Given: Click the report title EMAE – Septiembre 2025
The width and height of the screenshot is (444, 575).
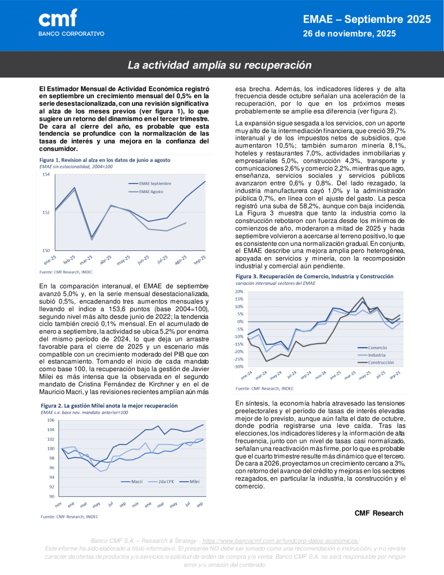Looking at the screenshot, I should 367,20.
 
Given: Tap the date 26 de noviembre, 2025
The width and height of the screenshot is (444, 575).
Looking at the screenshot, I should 349,34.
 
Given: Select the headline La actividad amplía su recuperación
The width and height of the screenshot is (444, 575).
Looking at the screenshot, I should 219,65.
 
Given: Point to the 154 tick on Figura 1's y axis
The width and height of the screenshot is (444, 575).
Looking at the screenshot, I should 45,175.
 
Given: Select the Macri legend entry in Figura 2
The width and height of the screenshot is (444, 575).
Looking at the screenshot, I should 137,481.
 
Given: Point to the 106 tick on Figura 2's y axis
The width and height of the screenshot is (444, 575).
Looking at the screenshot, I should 51,420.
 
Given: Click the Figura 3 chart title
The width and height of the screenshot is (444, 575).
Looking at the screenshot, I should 315,277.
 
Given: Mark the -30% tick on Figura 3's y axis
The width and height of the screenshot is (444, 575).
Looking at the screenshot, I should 239,367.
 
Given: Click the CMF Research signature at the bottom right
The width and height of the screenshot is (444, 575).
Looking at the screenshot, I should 379,513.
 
